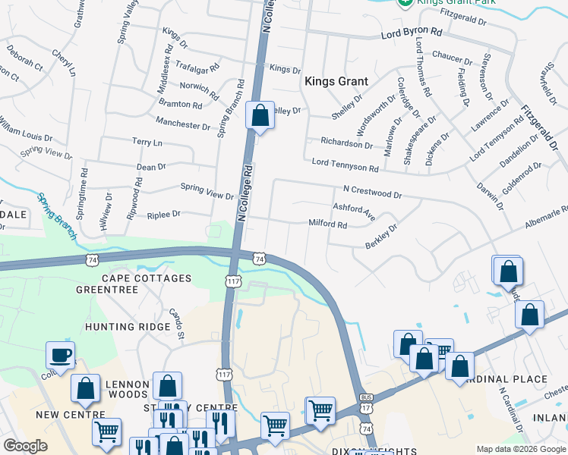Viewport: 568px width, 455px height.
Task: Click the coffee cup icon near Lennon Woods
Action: click(x=60, y=355)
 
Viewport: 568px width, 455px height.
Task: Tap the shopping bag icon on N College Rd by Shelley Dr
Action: click(x=260, y=117)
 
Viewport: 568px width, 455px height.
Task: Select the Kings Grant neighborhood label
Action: click(x=336, y=81)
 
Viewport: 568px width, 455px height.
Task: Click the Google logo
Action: click(x=26, y=446)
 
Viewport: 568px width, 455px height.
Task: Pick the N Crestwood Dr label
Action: click(x=372, y=195)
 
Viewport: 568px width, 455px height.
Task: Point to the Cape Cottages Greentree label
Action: click(x=134, y=284)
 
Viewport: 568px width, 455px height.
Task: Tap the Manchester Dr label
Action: click(x=182, y=124)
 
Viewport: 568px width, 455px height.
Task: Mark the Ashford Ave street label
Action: click(x=354, y=211)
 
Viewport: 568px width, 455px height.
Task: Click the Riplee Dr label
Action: click(x=164, y=215)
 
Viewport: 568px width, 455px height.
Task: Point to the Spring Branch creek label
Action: click(x=57, y=217)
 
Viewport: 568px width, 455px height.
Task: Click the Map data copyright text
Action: click(x=520, y=449)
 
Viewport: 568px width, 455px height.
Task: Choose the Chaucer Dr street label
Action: click(x=452, y=55)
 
